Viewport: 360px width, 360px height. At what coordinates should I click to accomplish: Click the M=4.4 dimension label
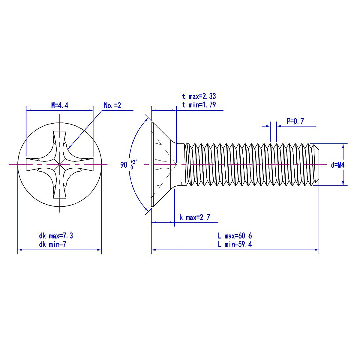click(60, 106)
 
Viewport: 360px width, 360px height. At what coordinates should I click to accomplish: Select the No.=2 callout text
click(112, 106)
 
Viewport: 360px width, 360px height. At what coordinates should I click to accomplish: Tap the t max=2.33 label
click(199, 96)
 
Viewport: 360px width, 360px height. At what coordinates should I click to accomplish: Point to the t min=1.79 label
click(199, 105)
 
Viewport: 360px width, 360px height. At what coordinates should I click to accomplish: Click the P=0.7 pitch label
click(295, 121)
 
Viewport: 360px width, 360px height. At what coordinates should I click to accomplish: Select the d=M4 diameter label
click(337, 165)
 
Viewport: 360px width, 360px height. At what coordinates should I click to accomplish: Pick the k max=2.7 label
click(194, 217)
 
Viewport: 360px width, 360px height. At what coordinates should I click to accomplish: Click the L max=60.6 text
click(235, 236)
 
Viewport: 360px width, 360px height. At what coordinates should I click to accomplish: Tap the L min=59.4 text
click(235, 244)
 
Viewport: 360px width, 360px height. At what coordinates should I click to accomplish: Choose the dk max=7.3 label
click(56, 236)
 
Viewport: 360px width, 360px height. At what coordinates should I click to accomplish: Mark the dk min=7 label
click(52, 244)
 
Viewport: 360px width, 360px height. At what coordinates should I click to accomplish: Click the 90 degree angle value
click(124, 165)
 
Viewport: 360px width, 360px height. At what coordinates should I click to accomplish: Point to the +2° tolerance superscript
click(134, 161)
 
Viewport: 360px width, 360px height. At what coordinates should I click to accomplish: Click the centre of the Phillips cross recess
click(60, 165)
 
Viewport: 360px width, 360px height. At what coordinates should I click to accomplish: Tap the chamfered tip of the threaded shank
click(316, 165)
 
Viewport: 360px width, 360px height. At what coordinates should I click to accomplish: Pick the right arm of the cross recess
click(84, 165)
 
